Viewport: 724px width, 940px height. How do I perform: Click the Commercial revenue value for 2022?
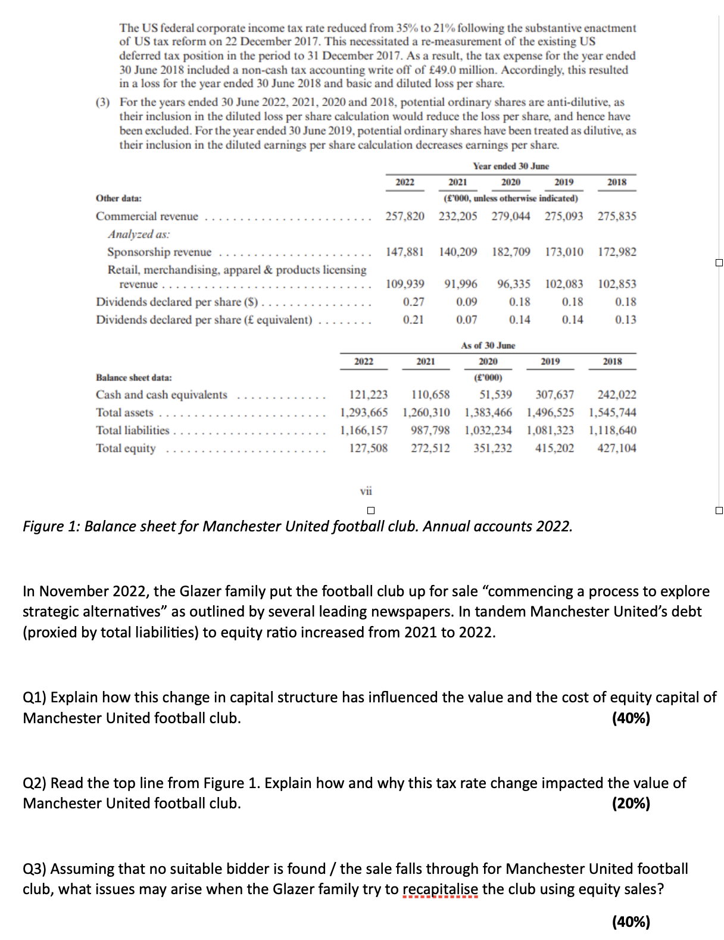[x=405, y=216]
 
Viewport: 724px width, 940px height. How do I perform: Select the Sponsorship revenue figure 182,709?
[x=511, y=252]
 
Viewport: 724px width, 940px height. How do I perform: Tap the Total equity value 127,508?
[x=368, y=448]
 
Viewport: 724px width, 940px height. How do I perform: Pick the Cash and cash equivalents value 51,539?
[x=495, y=394]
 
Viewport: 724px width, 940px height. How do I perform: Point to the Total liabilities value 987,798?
[x=430, y=430]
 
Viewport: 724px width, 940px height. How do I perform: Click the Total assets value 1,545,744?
[x=612, y=412]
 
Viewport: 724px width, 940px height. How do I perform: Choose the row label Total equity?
[x=126, y=448]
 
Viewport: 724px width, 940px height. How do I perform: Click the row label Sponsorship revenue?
[x=159, y=252]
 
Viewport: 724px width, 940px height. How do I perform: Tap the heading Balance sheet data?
[x=134, y=378]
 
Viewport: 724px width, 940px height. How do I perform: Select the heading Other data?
[x=118, y=198]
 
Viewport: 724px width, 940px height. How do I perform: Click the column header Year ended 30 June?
[x=511, y=166]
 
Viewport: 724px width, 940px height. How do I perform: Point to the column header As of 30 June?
[x=488, y=346]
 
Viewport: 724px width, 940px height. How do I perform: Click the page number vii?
[x=366, y=491]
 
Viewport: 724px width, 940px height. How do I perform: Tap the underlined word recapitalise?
[x=440, y=889]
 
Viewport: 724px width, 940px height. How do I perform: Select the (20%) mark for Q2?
[x=631, y=804]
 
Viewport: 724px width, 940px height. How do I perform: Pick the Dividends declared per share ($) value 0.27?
[x=413, y=302]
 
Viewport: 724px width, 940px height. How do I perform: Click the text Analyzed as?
[x=138, y=234]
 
